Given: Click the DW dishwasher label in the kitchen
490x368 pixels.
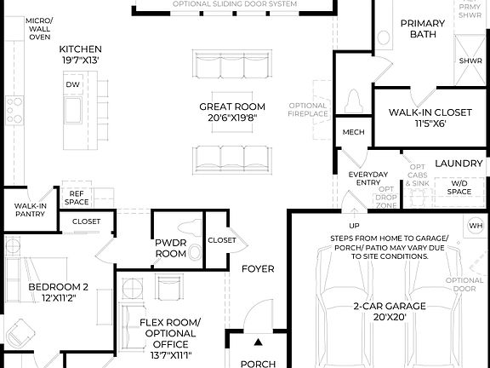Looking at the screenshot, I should pyautogui.click(x=72, y=84).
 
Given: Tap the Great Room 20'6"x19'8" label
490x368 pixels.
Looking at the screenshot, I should pyautogui.click(x=232, y=112).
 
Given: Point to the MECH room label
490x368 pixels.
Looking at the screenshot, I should pyautogui.click(x=353, y=132).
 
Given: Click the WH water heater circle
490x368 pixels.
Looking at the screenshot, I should pyautogui.click(x=475, y=225).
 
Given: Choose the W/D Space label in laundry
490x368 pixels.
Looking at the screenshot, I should pyautogui.click(x=459, y=187).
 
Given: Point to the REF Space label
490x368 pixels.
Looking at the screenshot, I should pyautogui.click(x=77, y=198).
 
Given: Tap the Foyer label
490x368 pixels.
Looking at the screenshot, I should pyautogui.click(x=258, y=269).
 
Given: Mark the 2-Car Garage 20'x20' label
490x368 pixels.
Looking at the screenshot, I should pyautogui.click(x=390, y=311).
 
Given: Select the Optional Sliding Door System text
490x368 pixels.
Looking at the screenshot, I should pyautogui.click(x=235, y=4).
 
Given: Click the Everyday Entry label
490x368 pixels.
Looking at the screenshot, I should pyautogui.click(x=367, y=179).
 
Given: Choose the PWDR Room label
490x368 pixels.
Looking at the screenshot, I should pyautogui.click(x=170, y=248).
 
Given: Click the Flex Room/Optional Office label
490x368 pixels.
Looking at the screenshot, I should pyautogui.click(x=170, y=338).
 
